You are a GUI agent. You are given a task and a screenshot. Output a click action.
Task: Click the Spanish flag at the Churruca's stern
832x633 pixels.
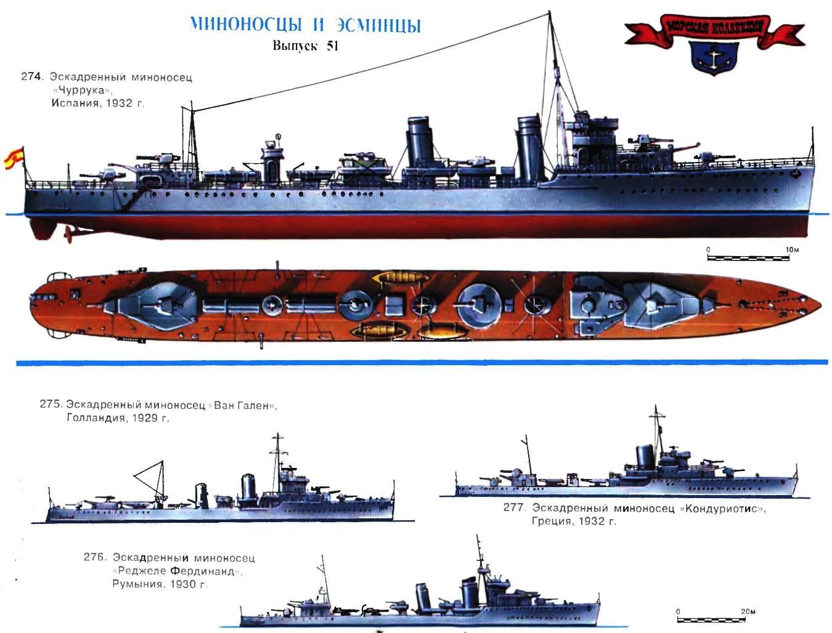pos(14,158)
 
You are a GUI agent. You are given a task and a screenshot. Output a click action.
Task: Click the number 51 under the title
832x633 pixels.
pos(332,46)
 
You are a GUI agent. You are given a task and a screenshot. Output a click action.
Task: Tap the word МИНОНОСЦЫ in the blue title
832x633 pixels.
pos(246,25)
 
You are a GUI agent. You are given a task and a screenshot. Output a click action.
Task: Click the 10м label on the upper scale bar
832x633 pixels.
pos(791,250)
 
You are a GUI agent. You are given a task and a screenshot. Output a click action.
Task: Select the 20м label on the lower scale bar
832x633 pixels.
pos(748,611)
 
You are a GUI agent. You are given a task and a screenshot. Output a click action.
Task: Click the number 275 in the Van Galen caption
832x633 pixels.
pos(51,404)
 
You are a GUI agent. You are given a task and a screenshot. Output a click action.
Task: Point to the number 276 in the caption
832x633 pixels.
pos(94,557)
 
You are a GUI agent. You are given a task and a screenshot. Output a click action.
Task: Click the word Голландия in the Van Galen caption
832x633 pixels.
pos(96,417)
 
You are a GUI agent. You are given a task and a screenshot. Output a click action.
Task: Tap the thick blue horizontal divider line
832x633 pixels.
pos(422,363)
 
